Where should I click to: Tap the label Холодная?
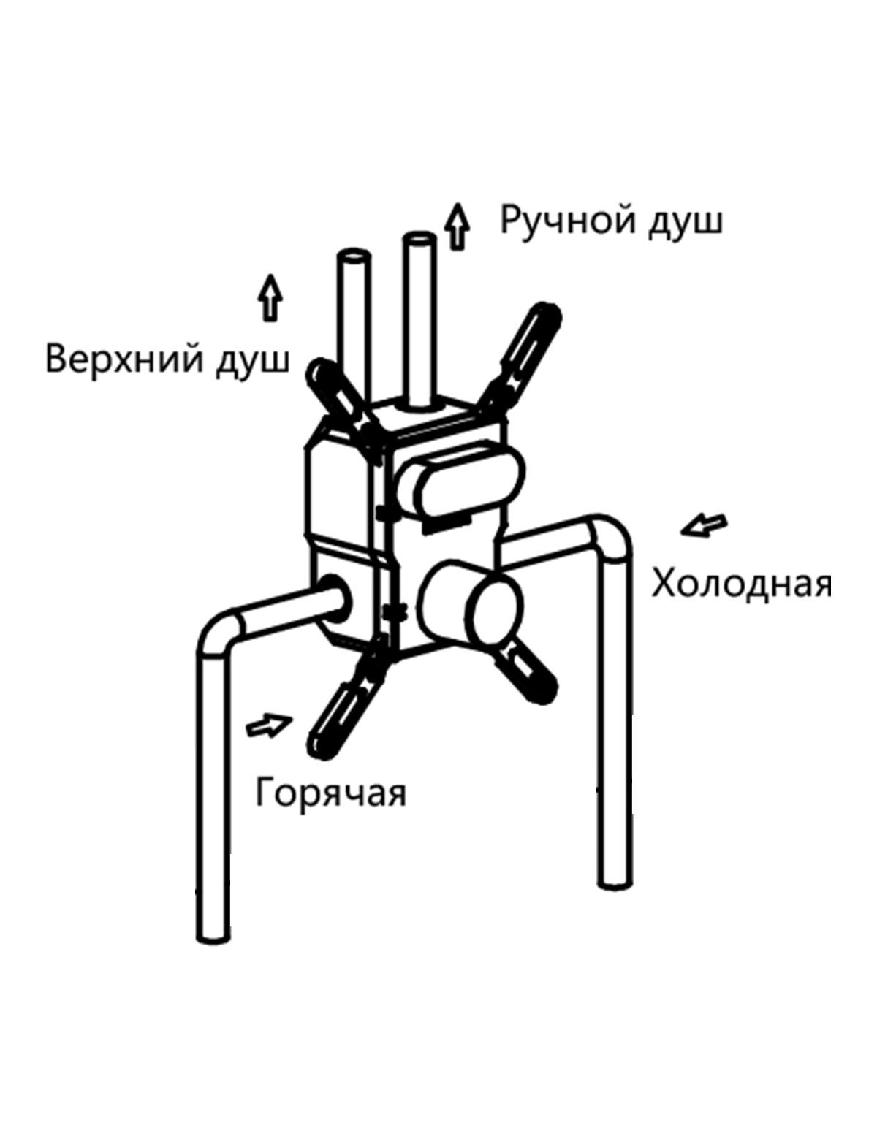pos(741,584)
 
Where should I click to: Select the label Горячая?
pos(330,793)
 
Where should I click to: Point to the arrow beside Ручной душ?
pos(458,227)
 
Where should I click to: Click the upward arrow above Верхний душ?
pos(271,297)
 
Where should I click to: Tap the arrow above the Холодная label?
pos(704,525)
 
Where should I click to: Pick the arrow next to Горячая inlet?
pos(269,725)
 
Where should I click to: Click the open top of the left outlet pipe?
pos(354,258)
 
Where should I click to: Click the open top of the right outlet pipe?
pos(419,239)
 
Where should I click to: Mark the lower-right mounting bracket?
pos(528,670)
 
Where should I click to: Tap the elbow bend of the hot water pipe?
pos(221,629)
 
